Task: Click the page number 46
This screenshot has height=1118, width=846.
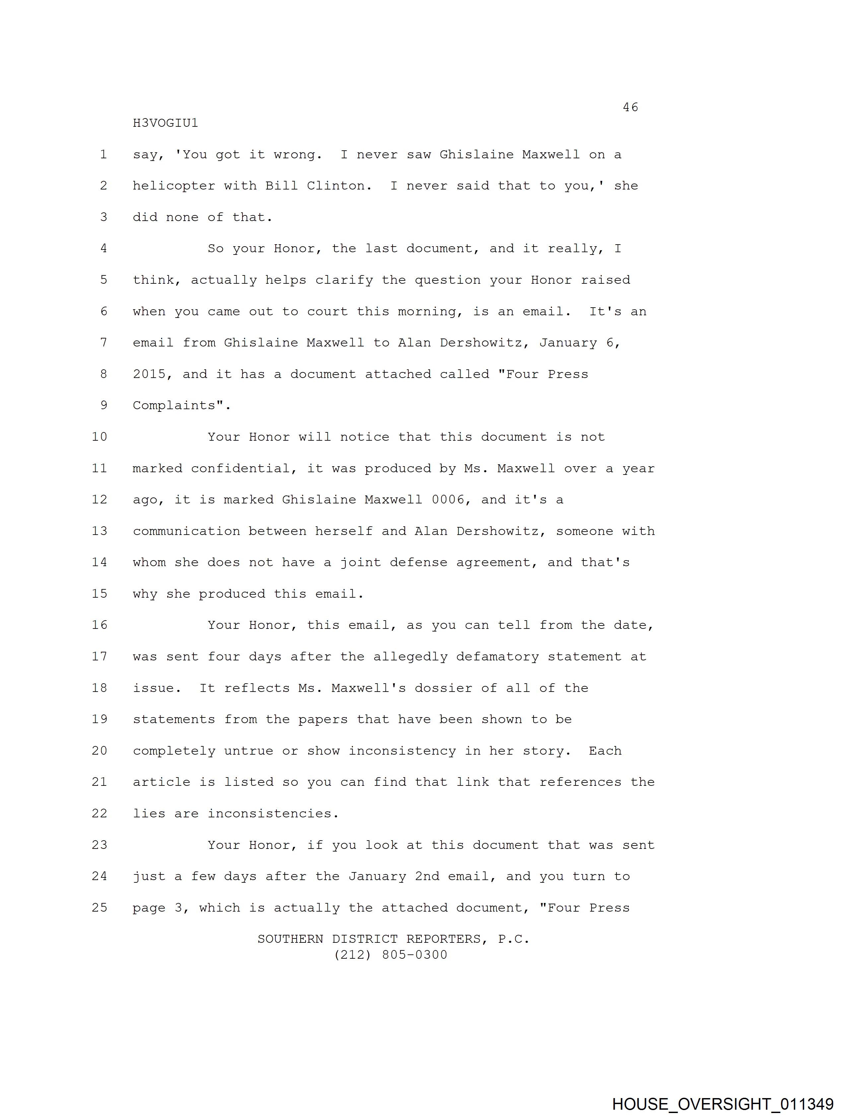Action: click(630, 107)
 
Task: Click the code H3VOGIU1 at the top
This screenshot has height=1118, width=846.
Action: click(165, 123)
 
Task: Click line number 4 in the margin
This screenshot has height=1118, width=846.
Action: click(104, 248)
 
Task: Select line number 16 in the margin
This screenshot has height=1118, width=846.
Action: click(100, 625)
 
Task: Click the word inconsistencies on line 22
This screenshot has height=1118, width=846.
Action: click(272, 813)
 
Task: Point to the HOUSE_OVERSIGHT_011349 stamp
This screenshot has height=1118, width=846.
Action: click(722, 1104)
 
